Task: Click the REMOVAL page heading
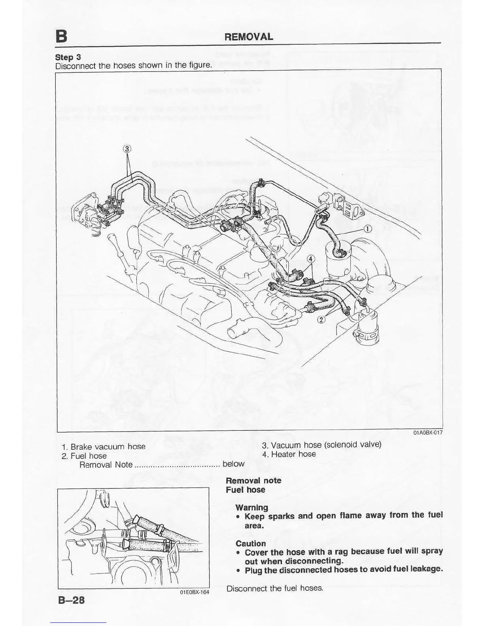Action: [249, 37]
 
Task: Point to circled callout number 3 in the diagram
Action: [127, 149]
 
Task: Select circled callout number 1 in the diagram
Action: [367, 229]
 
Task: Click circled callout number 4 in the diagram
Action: [311, 259]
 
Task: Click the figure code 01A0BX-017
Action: [427, 432]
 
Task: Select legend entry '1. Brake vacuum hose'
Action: [104, 447]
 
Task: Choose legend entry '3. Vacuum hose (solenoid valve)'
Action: [321, 445]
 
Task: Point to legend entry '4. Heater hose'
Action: [289, 454]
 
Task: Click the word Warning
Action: [251, 507]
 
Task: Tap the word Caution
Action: [251, 543]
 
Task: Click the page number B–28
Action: [72, 600]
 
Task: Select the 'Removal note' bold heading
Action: [253, 481]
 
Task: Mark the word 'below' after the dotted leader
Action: [234, 464]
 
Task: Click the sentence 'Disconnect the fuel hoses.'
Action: [275, 588]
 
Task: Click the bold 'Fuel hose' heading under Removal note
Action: [246, 490]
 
